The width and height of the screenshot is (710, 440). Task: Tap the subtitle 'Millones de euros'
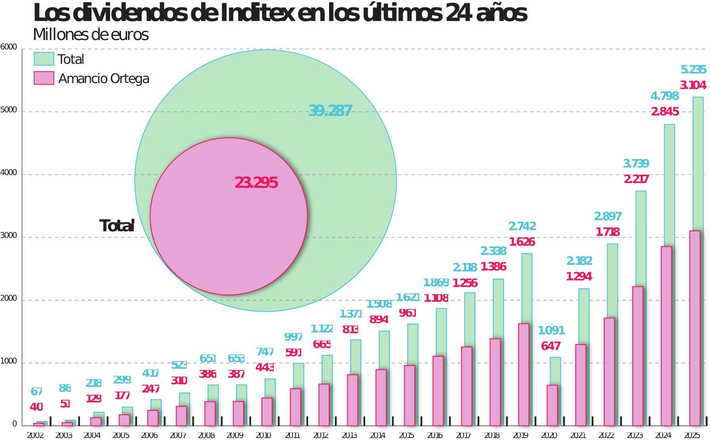(x=91, y=34)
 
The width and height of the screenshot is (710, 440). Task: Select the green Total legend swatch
(x=44, y=59)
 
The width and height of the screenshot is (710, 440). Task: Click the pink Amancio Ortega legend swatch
(x=44, y=78)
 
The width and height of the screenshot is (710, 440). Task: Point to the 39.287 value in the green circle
(x=330, y=111)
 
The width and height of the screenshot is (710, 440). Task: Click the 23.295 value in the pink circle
(x=256, y=183)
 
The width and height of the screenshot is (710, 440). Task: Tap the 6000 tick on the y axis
(x=8, y=48)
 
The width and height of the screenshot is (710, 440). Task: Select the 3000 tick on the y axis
(x=8, y=236)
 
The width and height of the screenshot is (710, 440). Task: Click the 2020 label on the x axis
(x=549, y=435)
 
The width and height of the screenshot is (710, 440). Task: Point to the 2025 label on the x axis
(x=692, y=435)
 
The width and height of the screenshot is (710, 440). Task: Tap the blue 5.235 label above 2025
(x=693, y=70)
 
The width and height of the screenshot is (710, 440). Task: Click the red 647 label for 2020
(x=550, y=346)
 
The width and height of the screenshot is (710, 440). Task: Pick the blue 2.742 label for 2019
(x=522, y=226)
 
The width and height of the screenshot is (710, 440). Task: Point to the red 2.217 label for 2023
(x=636, y=179)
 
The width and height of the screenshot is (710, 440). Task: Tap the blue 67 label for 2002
(x=36, y=392)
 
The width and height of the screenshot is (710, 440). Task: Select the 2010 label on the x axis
(x=263, y=435)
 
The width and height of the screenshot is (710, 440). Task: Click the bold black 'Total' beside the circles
(x=116, y=226)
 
